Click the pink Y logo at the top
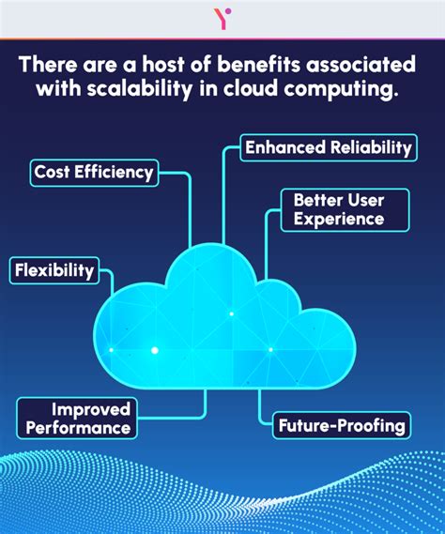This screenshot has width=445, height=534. point(222,18)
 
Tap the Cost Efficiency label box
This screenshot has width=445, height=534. point(93,172)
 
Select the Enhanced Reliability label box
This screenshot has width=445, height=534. point(328,147)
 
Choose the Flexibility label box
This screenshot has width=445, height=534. point(54,271)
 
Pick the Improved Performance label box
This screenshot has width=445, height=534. point(78,419)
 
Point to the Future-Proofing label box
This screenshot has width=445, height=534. point(342,425)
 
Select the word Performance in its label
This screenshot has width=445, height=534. point(78,428)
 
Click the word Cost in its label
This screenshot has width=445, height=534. point(52,172)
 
